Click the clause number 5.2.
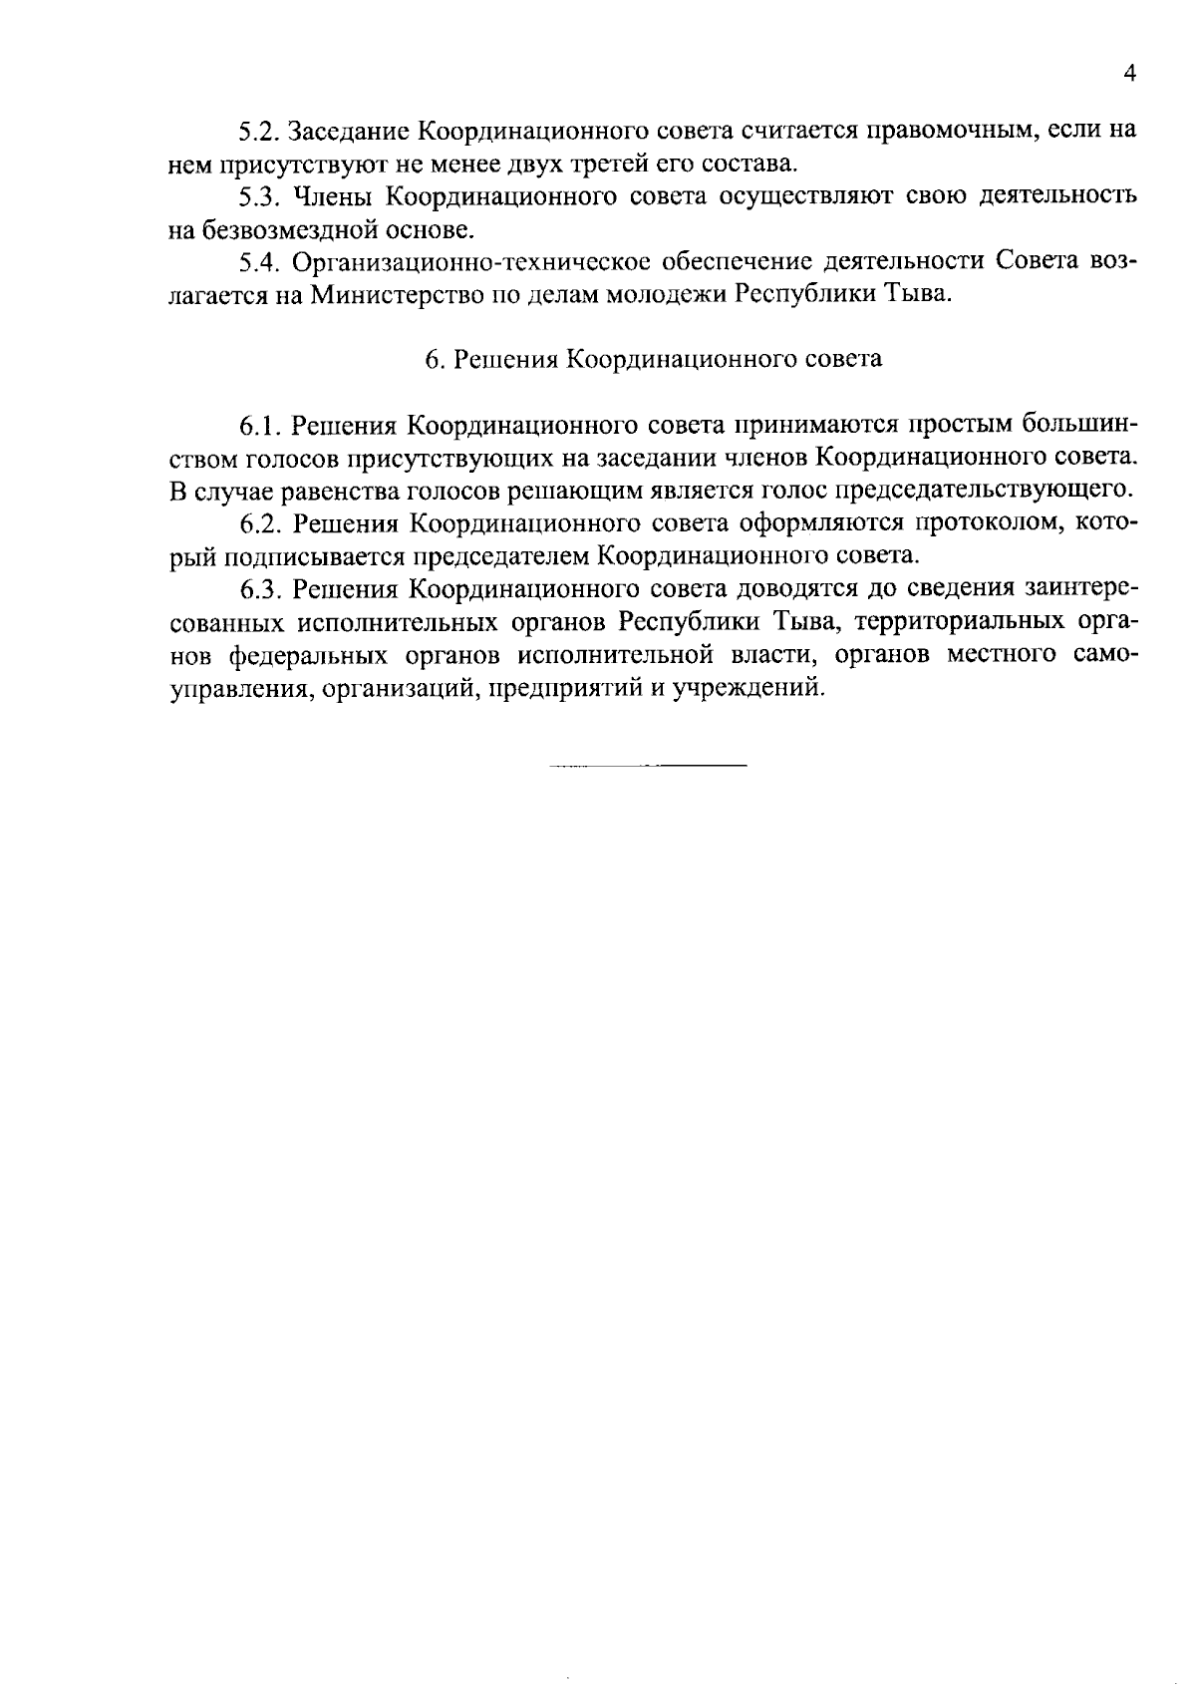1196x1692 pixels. (x=259, y=131)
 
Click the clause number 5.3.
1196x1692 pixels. (x=259, y=196)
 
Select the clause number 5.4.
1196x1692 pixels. (x=259, y=262)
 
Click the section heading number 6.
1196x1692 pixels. (x=432, y=360)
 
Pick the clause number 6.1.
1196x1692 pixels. (x=259, y=426)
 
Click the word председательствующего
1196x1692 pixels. (x=984, y=491)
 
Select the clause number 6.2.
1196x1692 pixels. (x=259, y=523)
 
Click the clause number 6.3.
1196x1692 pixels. (x=259, y=589)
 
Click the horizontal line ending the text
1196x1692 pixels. (x=647, y=766)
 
